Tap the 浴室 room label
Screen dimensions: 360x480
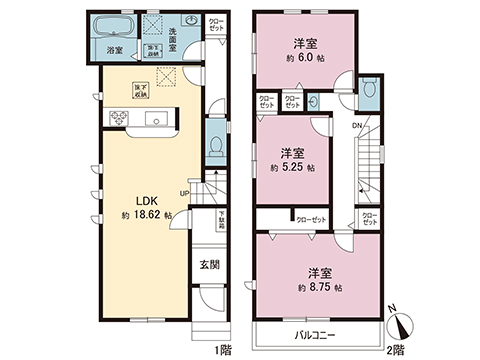[115, 50]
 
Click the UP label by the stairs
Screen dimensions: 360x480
[185, 193]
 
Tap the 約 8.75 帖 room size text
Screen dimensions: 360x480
[320, 287]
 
